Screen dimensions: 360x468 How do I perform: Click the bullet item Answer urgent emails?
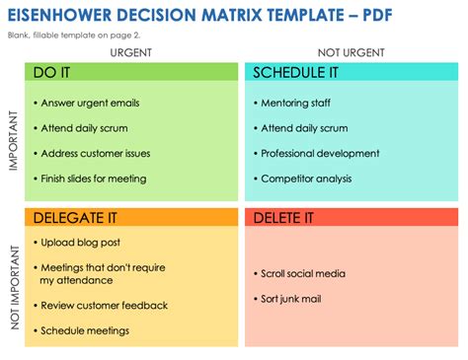pyautogui.click(x=89, y=103)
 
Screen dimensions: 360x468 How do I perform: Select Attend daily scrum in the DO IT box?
pyautogui.click(x=86, y=128)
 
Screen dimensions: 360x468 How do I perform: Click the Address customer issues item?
pyautogui.click(x=97, y=154)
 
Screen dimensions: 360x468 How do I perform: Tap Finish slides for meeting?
pyautogui.click(x=94, y=179)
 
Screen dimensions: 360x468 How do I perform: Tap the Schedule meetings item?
pyautogui.click(x=88, y=330)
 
